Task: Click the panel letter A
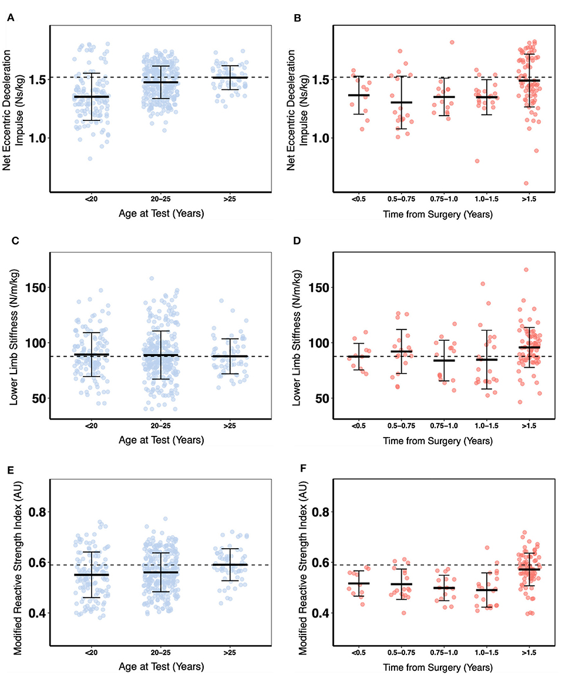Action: [9, 18]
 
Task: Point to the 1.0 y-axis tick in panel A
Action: [36, 138]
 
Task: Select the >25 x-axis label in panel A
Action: [226, 200]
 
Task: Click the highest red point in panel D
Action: [526, 270]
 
